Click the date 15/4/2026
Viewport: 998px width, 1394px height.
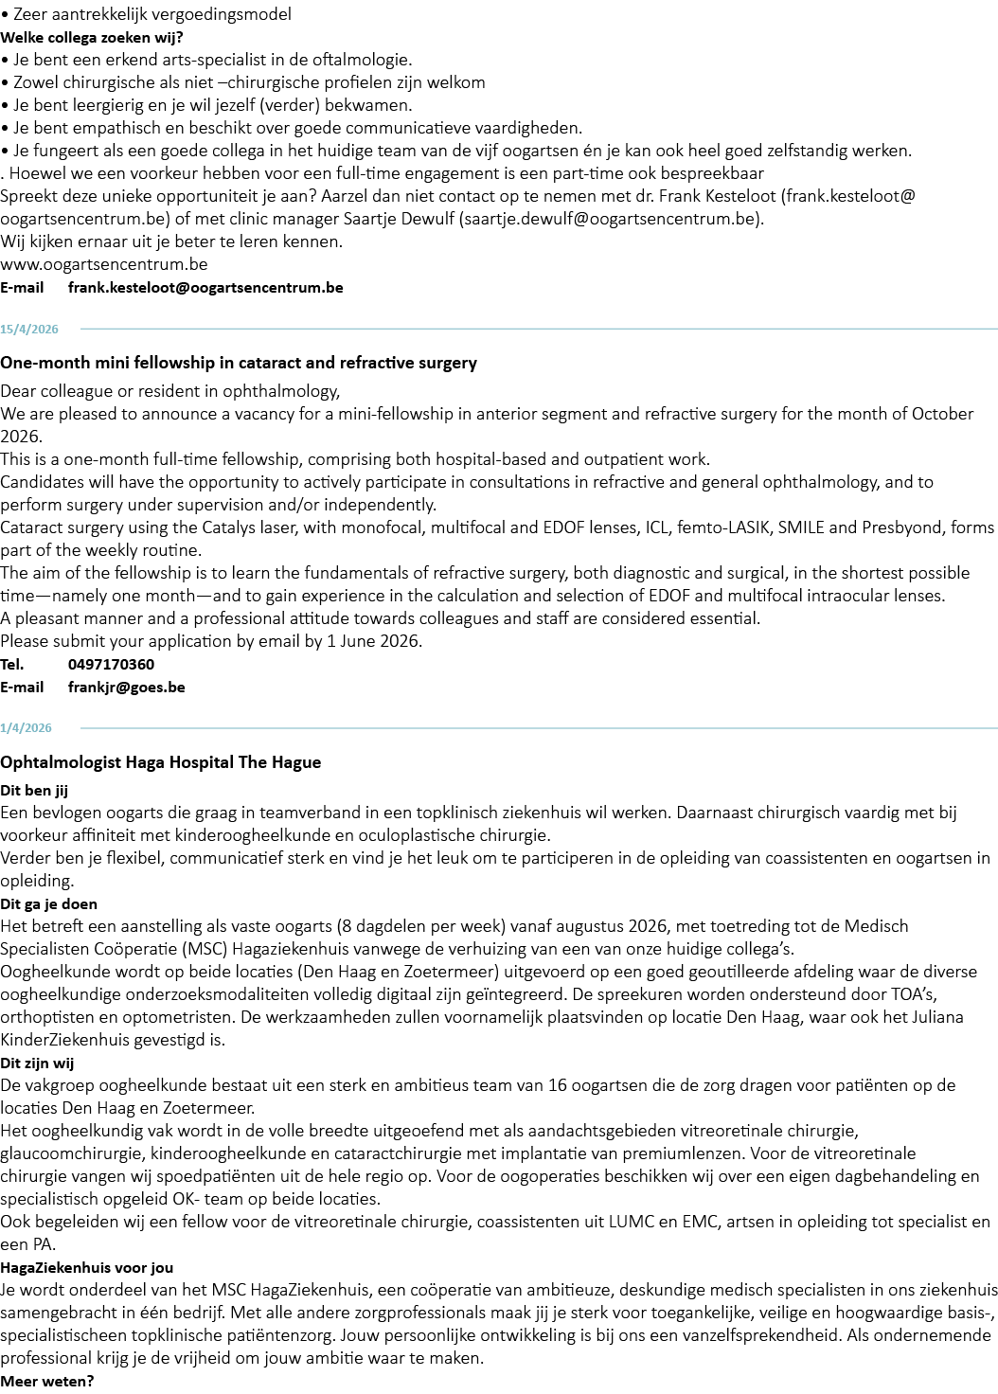[29, 330]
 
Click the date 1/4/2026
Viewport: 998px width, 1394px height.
[26, 728]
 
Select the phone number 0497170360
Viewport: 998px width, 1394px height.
[112, 665]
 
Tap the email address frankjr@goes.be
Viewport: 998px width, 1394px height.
[126, 688]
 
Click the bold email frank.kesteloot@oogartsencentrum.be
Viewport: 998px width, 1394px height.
[205, 288]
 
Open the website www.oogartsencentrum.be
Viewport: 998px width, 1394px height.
[104, 264]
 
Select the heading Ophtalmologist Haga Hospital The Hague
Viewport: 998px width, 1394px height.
[161, 762]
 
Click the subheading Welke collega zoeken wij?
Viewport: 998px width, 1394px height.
[92, 38]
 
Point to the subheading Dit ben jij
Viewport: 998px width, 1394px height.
[34, 791]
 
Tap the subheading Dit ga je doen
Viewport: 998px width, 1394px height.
[48, 904]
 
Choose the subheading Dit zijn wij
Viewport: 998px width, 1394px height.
[37, 1063]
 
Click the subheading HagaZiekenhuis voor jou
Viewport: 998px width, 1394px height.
[86, 1268]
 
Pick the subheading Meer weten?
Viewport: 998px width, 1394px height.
[46, 1382]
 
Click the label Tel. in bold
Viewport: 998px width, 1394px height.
[11, 665]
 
